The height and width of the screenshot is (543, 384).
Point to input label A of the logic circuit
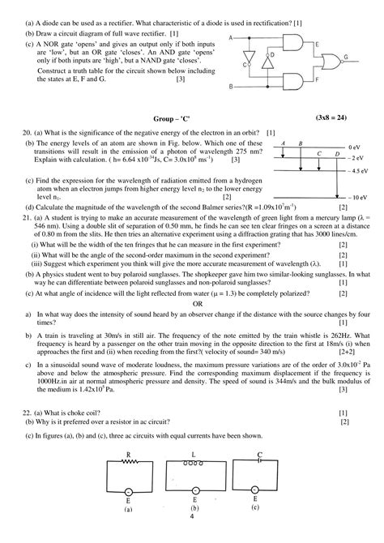pos(233,37)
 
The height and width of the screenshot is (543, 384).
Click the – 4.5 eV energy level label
pos(360,172)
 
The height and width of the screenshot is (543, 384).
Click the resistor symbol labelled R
pos(129,464)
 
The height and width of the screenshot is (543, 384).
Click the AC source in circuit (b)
pos(193,491)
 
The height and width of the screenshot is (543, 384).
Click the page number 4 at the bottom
pos(192,516)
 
